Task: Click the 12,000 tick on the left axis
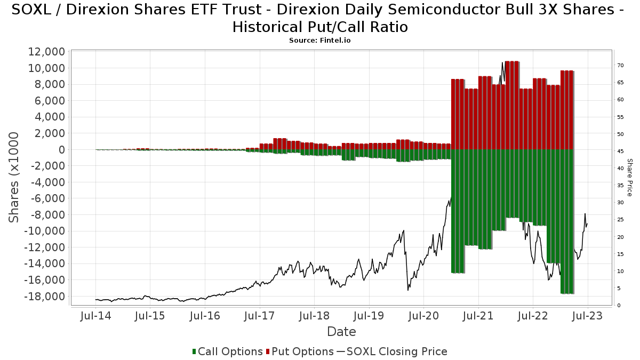(45, 52)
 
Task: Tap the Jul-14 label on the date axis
(95, 316)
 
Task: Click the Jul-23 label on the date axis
(587, 316)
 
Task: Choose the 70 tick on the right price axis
(620, 66)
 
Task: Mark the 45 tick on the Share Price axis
(620, 151)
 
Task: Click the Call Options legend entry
(227, 351)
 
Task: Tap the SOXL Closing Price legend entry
(391, 351)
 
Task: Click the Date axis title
(341, 332)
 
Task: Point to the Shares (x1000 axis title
(14, 177)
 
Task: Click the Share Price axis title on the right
(629, 177)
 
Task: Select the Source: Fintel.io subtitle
(320, 41)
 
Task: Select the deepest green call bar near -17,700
(567, 221)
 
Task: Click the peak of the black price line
(502, 63)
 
